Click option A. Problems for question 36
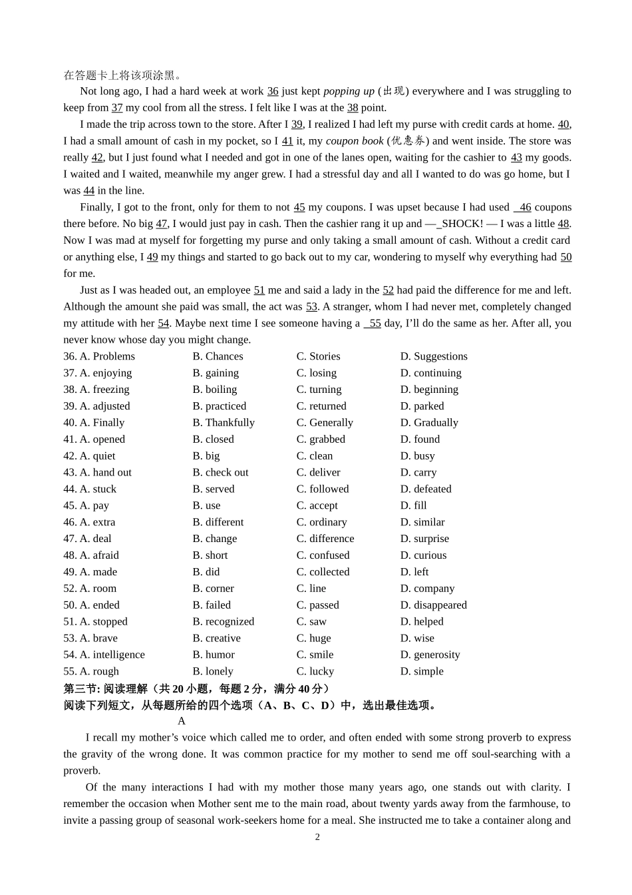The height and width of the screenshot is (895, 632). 107,356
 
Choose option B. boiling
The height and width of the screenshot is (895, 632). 215,390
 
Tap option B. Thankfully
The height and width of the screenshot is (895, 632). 224,423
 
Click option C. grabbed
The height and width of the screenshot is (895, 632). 321,440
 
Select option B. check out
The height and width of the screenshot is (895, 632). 220,472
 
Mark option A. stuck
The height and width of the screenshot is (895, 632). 98,489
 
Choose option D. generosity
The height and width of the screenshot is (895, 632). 430,655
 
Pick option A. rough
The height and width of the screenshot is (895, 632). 99,671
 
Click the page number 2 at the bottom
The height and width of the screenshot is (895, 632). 317,837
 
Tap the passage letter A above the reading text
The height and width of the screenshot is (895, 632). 182,721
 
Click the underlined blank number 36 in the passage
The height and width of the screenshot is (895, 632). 273,91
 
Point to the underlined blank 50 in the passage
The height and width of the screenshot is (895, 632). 566,257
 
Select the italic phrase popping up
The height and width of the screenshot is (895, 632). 349,91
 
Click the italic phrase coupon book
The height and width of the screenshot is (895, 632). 355,141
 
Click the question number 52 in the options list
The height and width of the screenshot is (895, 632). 70,589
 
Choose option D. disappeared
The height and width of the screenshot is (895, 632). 433,605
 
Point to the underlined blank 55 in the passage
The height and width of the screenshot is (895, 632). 375,324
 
